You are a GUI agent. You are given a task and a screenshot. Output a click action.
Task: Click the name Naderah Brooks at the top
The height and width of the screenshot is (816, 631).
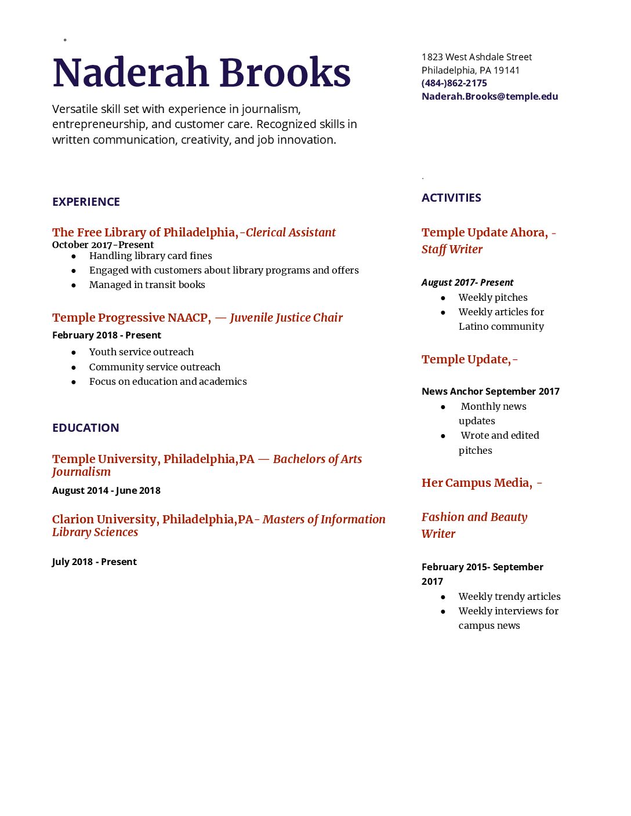coord(201,73)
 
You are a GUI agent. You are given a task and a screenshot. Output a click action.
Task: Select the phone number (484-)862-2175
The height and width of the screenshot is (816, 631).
coord(454,83)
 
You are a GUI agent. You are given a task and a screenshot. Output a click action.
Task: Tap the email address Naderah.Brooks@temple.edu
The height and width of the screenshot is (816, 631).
coord(489,96)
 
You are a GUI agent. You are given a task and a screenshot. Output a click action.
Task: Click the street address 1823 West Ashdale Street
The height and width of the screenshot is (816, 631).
coord(476,57)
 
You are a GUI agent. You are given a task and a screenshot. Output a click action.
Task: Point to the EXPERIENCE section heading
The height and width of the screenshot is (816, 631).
coord(86,202)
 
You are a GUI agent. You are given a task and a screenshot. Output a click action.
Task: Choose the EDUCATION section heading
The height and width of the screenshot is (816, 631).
coord(85,428)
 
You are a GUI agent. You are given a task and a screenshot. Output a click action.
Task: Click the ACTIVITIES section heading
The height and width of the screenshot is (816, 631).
coord(451,198)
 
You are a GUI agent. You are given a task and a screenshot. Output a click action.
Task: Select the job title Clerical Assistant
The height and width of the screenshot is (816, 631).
coord(291,232)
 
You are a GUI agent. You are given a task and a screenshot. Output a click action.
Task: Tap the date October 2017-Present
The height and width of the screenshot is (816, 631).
coord(103,245)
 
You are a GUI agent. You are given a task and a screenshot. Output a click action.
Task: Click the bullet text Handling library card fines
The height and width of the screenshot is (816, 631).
coord(150,256)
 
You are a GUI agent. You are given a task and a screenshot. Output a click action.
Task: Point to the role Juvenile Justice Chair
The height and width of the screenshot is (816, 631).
coord(286,318)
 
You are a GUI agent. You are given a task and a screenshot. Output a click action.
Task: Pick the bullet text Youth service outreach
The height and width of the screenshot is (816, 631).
coord(141,352)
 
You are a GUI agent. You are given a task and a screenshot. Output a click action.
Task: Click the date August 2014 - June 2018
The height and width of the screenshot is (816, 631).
coord(106,490)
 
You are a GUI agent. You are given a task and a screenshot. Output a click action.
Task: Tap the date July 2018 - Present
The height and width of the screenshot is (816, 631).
coord(94,562)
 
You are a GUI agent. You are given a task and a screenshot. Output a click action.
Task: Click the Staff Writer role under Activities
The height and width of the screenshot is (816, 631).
coord(452,249)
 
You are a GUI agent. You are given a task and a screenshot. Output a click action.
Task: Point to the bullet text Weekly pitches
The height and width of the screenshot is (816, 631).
coord(493,297)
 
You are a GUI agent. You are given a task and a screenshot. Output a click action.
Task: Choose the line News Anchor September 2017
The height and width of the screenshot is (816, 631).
coord(490,391)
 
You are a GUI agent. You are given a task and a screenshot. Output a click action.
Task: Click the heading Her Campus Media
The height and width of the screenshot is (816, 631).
coord(477,483)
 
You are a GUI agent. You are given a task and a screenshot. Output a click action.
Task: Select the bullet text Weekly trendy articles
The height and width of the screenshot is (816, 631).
coord(509,596)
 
